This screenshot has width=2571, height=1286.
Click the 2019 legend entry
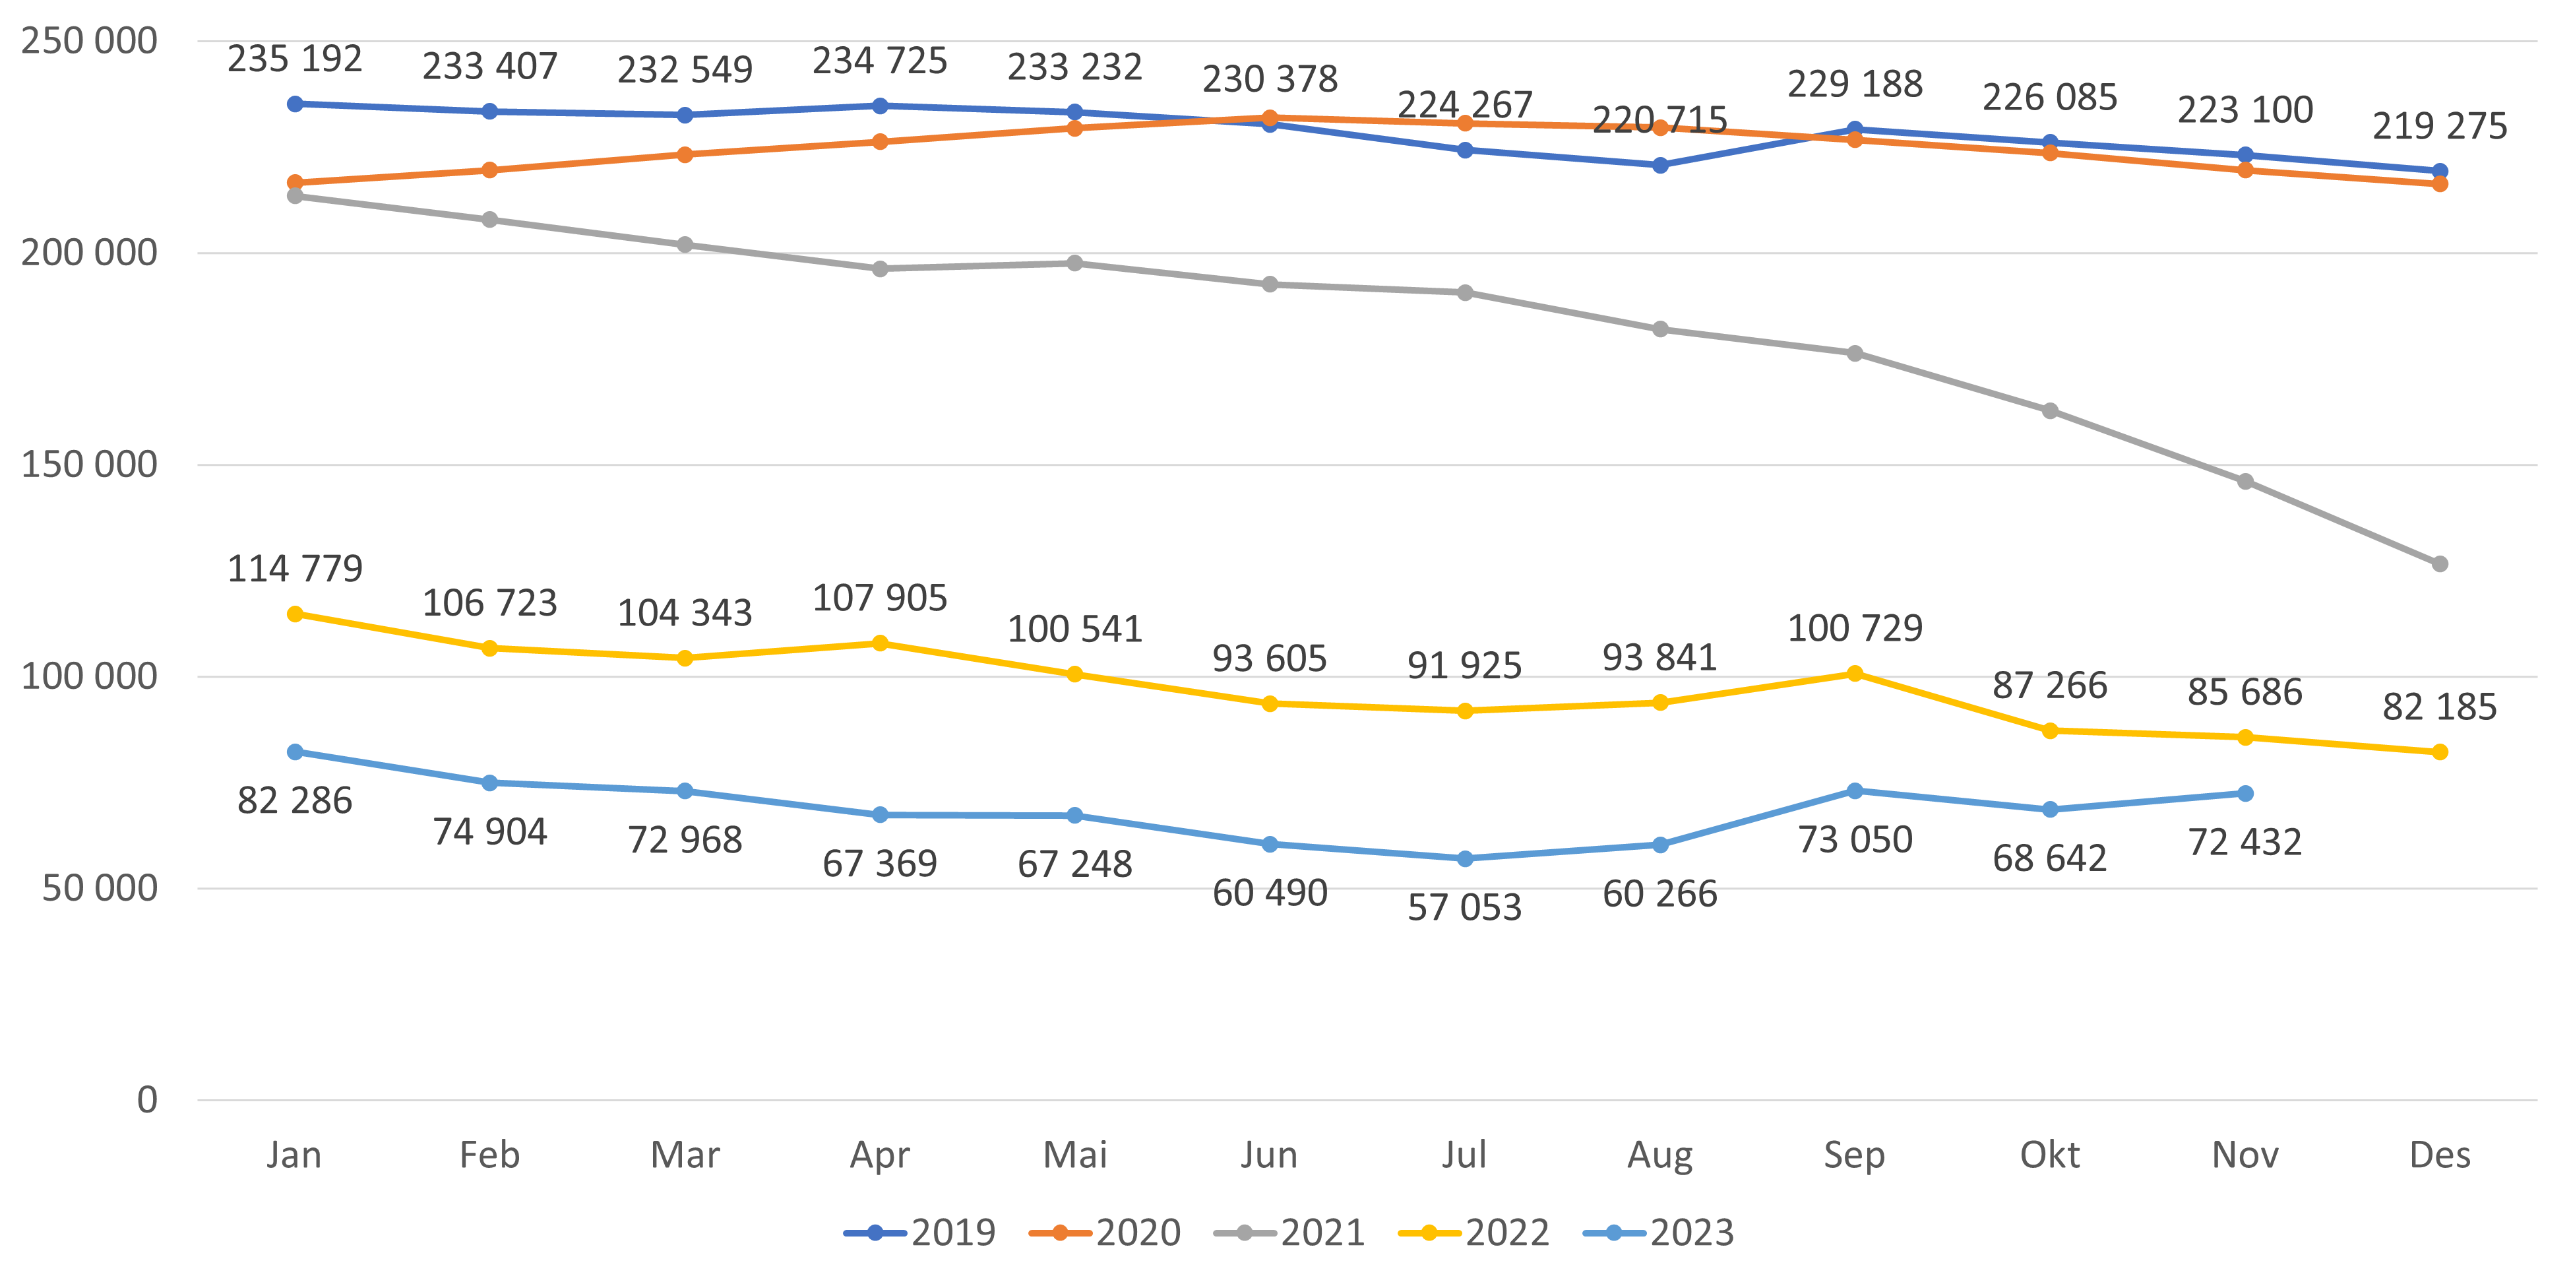[x=920, y=1233]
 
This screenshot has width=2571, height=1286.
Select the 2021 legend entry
[x=1289, y=1233]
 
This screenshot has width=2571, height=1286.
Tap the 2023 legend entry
[x=1659, y=1233]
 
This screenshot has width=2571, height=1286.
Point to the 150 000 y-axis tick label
[x=89, y=465]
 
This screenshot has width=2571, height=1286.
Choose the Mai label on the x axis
[x=1075, y=1155]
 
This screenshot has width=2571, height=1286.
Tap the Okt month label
[x=2049, y=1155]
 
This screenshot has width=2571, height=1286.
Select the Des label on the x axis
[x=2439, y=1155]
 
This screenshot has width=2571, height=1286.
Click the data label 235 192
[x=294, y=59]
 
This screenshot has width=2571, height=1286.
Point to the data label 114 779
[x=294, y=568]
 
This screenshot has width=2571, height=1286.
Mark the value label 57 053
[x=1464, y=907]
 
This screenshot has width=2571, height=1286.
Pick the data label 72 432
[x=2245, y=843]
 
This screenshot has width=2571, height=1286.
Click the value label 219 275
[x=2439, y=126]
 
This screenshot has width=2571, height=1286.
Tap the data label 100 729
[x=1855, y=628]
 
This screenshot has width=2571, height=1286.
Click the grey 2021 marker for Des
[x=2439, y=564]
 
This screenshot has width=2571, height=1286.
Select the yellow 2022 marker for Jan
[x=294, y=614]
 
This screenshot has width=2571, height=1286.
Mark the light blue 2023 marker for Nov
[x=2245, y=794]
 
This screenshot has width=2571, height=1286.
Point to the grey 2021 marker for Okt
[x=2049, y=411]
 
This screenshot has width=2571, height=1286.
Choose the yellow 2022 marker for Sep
[x=1855, y=674]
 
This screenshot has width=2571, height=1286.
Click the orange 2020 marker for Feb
[x=490, y=171]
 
